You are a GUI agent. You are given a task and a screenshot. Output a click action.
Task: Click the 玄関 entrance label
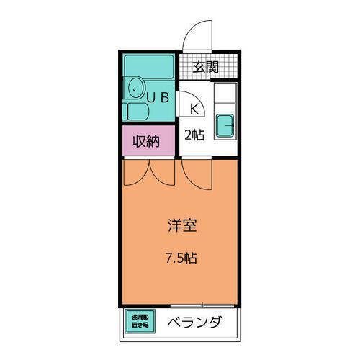(205, 68)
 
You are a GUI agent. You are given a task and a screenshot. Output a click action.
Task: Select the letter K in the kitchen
(194, 109)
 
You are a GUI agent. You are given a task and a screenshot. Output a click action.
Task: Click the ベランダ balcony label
(195, 321)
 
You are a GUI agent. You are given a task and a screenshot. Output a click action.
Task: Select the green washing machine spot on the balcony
(140, 321)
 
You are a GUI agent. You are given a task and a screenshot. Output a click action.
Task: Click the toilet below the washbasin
(134, 112)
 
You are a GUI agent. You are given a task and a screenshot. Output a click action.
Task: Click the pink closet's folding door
(149, 171)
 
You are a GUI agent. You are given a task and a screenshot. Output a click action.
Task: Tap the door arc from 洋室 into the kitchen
(196, 172)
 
